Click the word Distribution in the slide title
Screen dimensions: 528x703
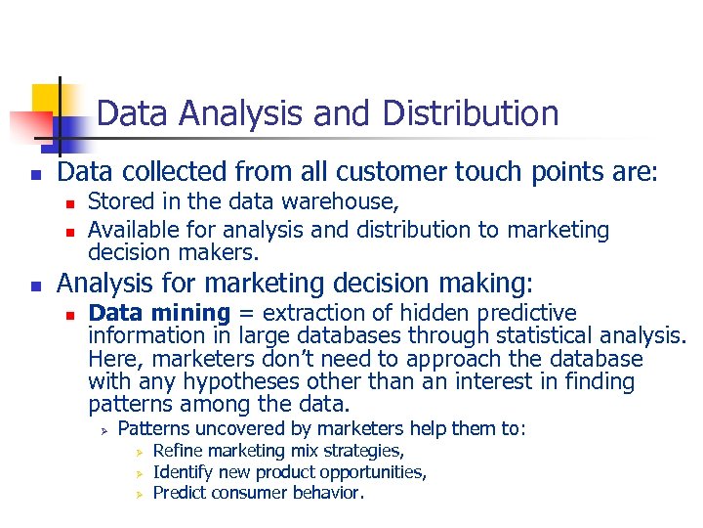pos(471,113)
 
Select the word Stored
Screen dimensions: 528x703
pos(117,202)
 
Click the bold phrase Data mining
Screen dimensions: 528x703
pos(159,313)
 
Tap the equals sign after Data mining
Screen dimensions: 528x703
pos(247,314)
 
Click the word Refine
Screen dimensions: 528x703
pos(179,451)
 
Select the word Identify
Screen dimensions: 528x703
pos(185,472)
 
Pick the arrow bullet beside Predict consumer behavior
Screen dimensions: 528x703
pos(140,494)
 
